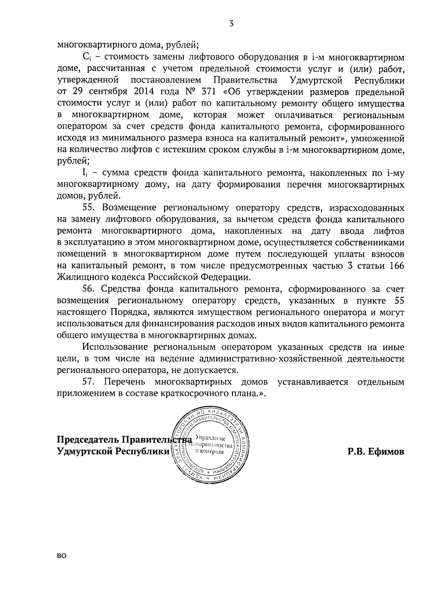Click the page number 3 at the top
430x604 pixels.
pyautogui.click(x=231, y=24)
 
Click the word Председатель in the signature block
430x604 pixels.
pyautogui.click(x=88, y=440)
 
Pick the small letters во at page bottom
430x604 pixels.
pyautogui.click(x=62, y=566)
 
